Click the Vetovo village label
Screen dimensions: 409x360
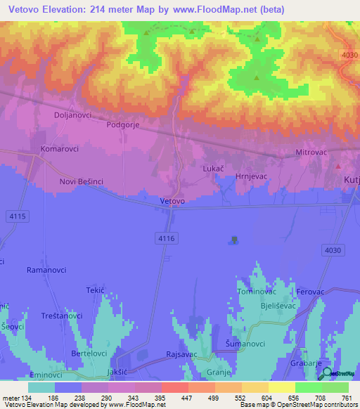pyautogui.click(x=172, y=201)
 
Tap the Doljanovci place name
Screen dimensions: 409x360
pyautogui.click(x=73, y=114)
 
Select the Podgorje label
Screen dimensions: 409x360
pyautogui.click(x=124, y=124)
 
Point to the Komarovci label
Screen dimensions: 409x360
pyautogui.click(x=59, y=149)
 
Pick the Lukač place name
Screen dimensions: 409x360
pyautogui.click(x=213, y=169)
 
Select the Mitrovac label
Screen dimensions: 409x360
pyautogui.click(x=311, y=151)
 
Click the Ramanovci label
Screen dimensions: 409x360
pyautogui.click(x=46, y=269)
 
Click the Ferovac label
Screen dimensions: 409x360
pyautogui.click(x=310, y=291)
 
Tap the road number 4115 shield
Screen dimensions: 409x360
pyautogui.click(x=18, y=216)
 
